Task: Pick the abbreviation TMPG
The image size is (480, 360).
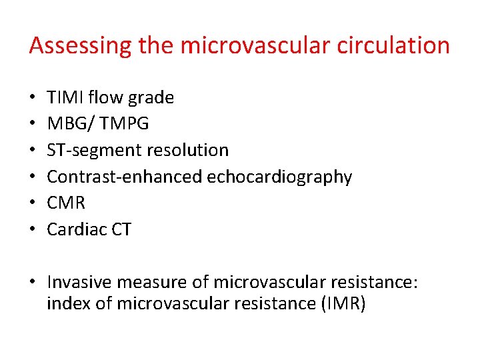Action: coord(125,125)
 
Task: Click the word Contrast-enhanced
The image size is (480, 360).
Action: coord(125,177)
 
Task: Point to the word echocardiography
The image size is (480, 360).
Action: coord(279,177)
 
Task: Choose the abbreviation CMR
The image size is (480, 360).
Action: coord(66,203)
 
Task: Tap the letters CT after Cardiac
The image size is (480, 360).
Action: coord(122,229)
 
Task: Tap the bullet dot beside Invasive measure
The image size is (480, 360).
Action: coord(34,283)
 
